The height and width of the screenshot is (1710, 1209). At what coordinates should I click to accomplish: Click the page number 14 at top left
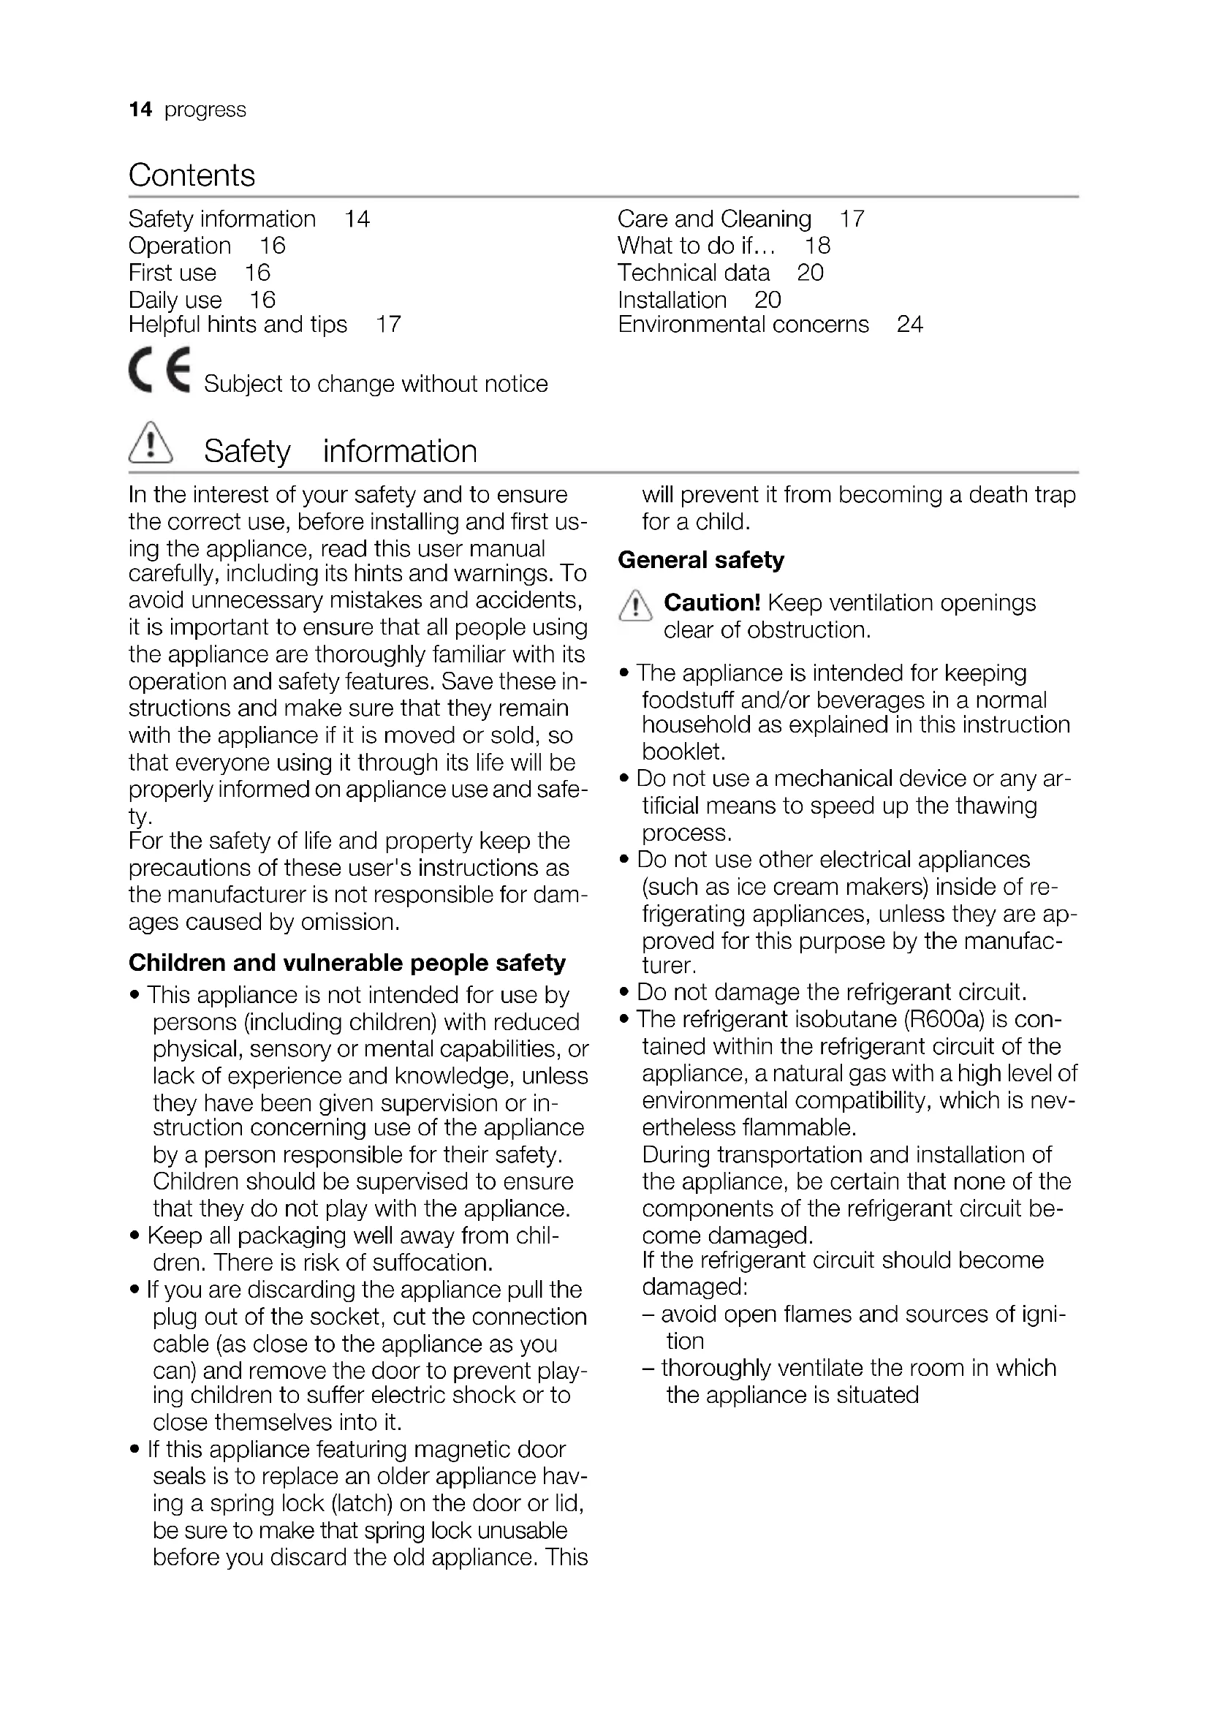tap(140, 110)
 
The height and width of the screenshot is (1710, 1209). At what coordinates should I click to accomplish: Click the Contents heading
tap(192, 175)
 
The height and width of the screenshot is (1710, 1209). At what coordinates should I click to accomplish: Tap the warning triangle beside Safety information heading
tap(151, 444)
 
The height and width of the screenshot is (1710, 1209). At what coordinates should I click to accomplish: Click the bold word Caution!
tap(712, 602)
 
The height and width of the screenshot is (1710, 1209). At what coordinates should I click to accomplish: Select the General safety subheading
tap(700, 560)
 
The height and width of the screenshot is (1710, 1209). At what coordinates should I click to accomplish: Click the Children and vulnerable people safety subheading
tap(347, 963)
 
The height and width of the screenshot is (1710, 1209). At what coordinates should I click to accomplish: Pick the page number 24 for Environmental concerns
tap(909, 325)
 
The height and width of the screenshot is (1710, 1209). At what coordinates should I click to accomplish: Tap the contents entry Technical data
tap(693, 273)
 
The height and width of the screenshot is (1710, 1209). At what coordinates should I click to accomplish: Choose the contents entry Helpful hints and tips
tap(238, 325)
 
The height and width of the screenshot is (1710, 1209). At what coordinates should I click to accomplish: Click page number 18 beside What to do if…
tap(816, 246)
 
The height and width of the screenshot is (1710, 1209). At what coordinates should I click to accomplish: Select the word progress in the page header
tap(205, 110)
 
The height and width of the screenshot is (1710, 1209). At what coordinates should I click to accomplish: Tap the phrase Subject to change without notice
tap(376, 384)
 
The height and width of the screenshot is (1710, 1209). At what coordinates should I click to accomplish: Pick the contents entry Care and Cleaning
tap(714, 219)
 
